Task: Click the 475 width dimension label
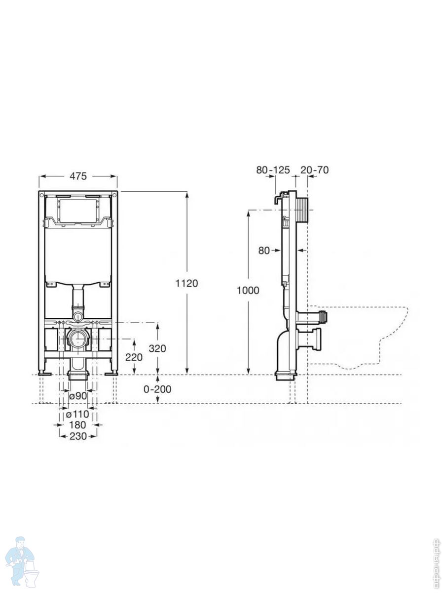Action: coord(78,176)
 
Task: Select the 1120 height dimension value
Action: coord(186,283)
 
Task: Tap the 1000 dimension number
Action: coord(248,291)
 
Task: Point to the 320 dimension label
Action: coord(157,349)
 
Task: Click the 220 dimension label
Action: coord(134,357)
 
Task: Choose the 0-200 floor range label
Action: coord(157,389)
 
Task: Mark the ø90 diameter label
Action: coord(78,396)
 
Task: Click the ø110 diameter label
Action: coord(77,414)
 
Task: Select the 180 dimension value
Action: coord(77,425)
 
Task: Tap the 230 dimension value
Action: coord(78,436)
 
